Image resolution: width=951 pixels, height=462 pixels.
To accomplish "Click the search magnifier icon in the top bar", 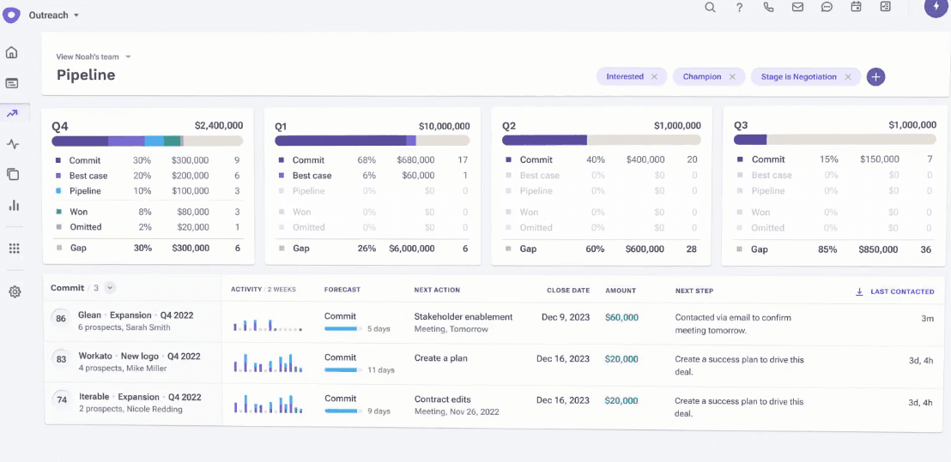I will point(710,8).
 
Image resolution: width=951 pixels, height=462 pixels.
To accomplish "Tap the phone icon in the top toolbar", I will point(768,8).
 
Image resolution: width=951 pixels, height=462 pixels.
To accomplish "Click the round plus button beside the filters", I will point(875,76).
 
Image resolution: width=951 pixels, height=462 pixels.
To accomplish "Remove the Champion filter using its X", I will point(732,77).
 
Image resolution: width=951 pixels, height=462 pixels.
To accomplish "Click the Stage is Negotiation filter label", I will point(798,77).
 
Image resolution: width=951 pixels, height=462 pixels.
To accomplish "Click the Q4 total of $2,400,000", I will point(218,125).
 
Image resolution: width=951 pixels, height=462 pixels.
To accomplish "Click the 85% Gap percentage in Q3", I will point(828,249).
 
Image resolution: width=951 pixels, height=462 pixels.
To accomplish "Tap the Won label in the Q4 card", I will point(79,212).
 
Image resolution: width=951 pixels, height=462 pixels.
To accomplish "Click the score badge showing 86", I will point(61,319).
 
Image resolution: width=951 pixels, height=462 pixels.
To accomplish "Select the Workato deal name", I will point(95,357).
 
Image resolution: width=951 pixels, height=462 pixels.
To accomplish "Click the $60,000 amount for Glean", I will point(621,317).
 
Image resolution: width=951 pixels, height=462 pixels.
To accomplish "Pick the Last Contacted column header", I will point(901,291).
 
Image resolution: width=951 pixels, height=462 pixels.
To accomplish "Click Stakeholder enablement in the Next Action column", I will point(463,317).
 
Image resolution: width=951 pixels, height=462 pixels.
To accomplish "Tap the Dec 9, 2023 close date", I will point(566,317).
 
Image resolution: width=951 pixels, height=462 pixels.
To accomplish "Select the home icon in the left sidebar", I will point(12,53).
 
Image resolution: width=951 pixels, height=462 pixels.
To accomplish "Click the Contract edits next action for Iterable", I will point(443,399).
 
